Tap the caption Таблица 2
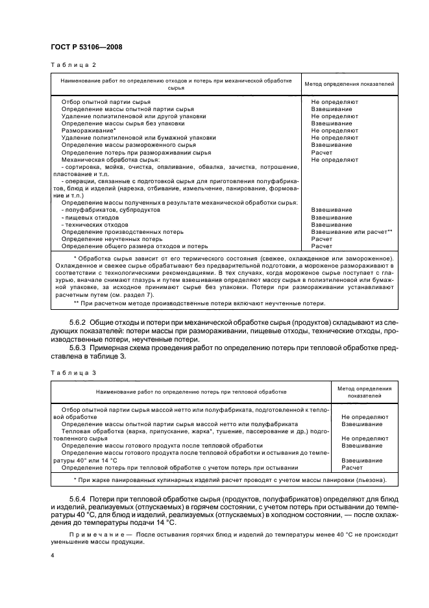click(69, 65)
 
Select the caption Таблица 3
click(69, 372)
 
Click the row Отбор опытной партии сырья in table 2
click(106, 102)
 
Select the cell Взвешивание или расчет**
click(351, 232)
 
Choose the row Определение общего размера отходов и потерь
click(134, 246)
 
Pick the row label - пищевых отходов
click(90, 218)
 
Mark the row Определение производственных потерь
click(122, 232)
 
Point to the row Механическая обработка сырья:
click(110, 159)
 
